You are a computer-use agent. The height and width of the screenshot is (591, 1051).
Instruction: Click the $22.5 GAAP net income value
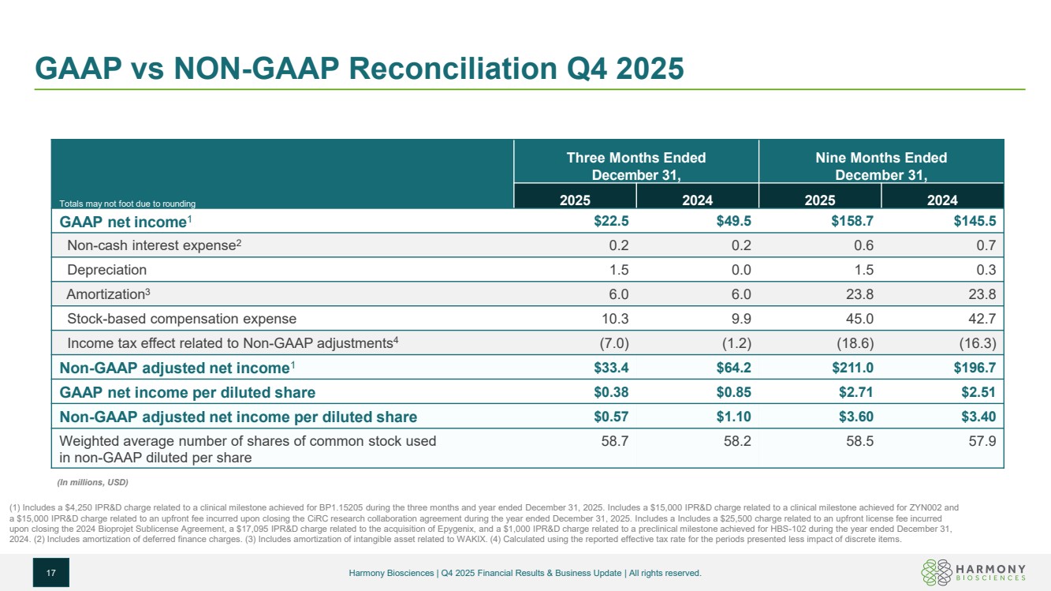pyautogui.click(x=611, y=221)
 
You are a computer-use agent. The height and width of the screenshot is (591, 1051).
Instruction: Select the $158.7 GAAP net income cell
pyautogui.click(x=852, y=221)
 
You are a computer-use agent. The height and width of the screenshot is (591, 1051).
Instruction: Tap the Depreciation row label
pyautogui.click(x=107, y=270)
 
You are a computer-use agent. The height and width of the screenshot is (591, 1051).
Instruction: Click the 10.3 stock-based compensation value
pyautogui.click(x=615, y=319)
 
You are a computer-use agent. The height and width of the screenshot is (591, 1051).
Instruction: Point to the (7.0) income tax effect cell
pyautogui.click(x=614, y=343)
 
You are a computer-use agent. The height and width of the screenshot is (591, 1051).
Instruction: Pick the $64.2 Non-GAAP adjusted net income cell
pyautogui.click(x=733, y=368)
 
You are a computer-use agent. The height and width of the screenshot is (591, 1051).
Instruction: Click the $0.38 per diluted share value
pyautogui.click(x=611, y=392)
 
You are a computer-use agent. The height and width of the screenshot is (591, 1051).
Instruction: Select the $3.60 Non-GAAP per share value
pyautogui.click(x=855, y=417)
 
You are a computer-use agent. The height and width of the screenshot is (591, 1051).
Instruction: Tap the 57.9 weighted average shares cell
pyautogui.click(x=982, y=441)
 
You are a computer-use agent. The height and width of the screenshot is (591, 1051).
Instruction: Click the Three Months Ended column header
pyautogui.click(x=636, y=166)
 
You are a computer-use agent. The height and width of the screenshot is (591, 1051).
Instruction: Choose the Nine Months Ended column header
pyautogui.click(x=881, y=166)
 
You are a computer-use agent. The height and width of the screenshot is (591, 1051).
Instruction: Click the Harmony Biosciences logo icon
pyautogui.click(x=936, y=572)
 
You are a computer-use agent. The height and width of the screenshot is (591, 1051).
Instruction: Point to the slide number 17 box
pyautogui.click(x=51, y=572)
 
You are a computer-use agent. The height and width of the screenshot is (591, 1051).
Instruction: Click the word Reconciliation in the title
pyautogui.click(x=453, y=69)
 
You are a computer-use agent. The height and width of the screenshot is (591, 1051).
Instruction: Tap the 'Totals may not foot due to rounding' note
pyautogui.click(x=127, y=204)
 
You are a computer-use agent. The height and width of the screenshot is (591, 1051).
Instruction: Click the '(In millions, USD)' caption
pyautogui.click(x=92, y=482)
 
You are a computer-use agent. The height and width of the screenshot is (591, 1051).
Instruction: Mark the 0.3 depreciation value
pyautogui.click(x=986, y=270)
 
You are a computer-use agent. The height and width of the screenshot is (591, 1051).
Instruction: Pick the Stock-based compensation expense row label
pyautogui.click(x=181, y=319)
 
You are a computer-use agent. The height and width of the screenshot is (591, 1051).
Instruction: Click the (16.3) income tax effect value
pyautogui.click(x=978, y=343)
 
